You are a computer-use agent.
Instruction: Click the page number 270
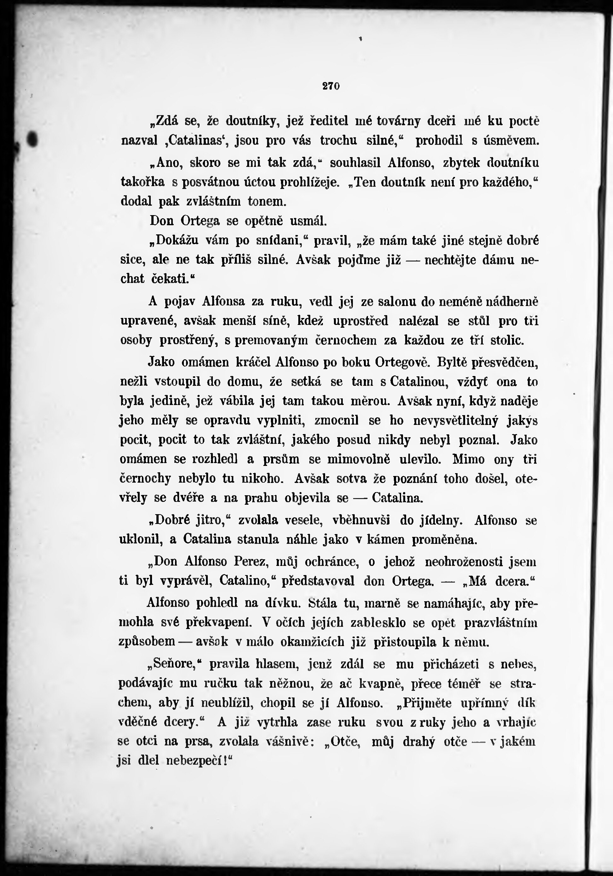click(x=331, y=86)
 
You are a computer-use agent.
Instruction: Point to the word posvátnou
click(x=209, y=182)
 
